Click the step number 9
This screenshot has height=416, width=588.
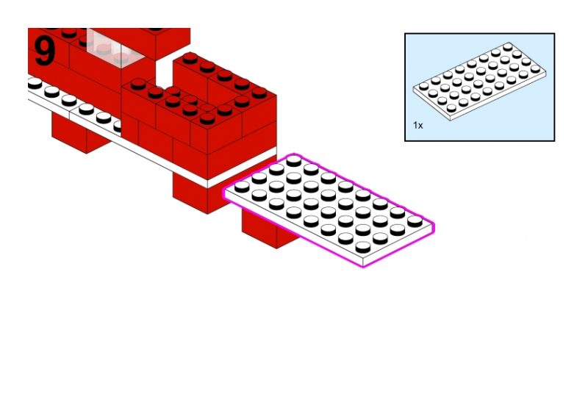[45, 51]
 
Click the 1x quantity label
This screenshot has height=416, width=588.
[417, 125]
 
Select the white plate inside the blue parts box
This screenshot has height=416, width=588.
[480, 82]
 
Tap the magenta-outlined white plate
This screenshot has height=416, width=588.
[329, 209]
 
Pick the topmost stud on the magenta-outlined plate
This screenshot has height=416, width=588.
[293, 161]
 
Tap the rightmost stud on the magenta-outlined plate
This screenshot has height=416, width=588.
[415, 221]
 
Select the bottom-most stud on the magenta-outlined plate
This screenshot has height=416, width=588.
[363, 247]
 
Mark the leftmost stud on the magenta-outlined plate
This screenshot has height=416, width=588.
[242, 187]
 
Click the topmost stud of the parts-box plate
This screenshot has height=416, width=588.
[508, 47]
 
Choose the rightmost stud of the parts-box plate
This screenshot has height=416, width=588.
[536, 69]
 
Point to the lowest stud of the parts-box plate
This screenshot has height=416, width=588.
[451, 108]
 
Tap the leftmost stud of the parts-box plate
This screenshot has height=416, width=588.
[424, 86]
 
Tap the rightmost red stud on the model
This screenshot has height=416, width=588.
[259, 93]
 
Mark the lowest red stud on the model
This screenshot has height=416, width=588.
[207, 118]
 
